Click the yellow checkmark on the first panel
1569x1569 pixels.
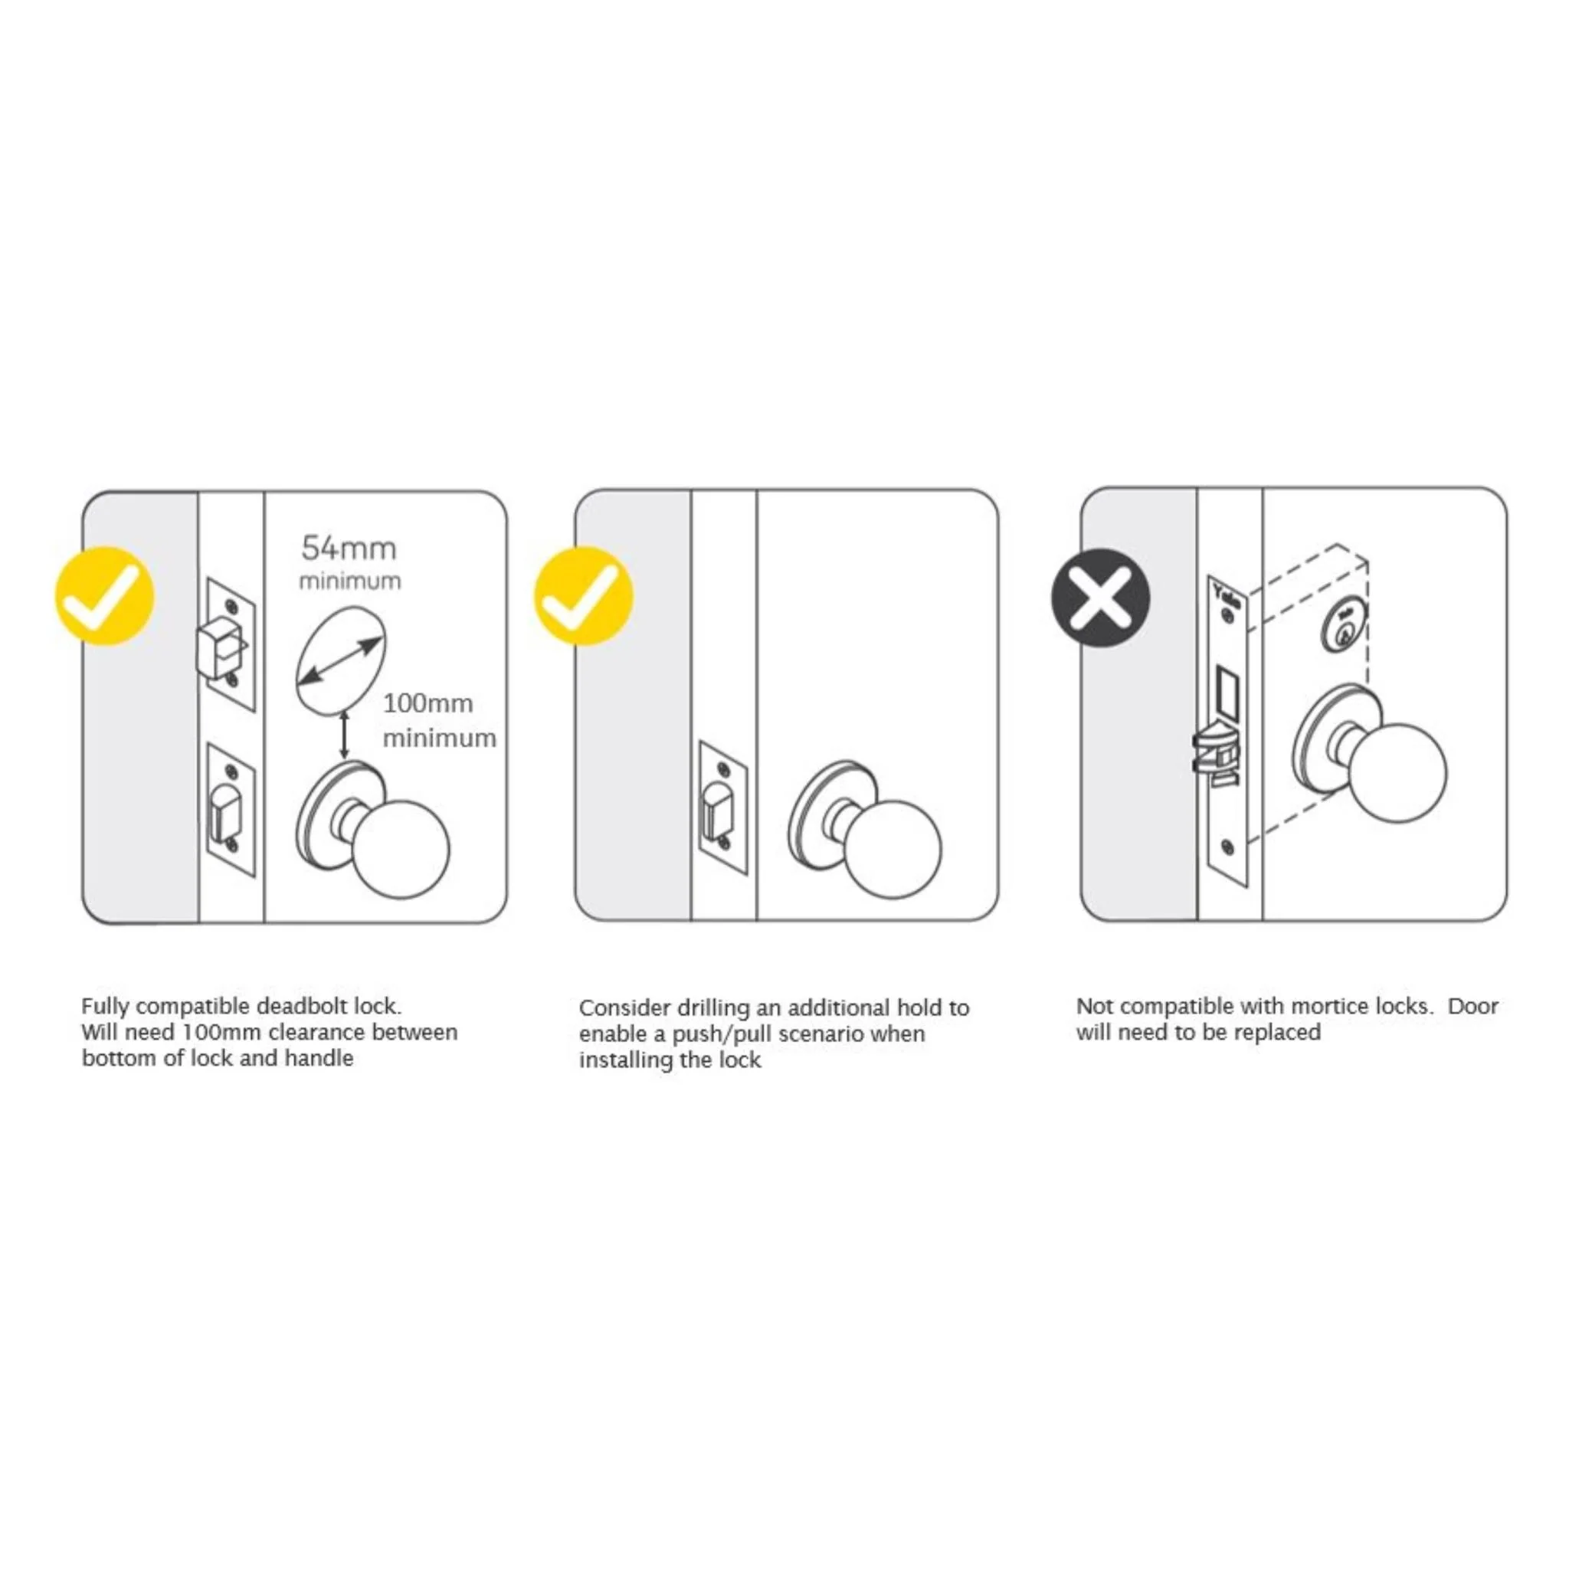point(105,596)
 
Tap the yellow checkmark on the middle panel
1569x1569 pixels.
point(583,596)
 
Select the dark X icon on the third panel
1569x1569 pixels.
point(1100,598)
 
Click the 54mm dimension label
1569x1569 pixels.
point(349,549)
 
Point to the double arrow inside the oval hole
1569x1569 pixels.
point(340,662)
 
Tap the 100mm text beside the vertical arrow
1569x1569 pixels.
point(428,703)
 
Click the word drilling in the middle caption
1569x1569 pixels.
point(712,1008)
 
